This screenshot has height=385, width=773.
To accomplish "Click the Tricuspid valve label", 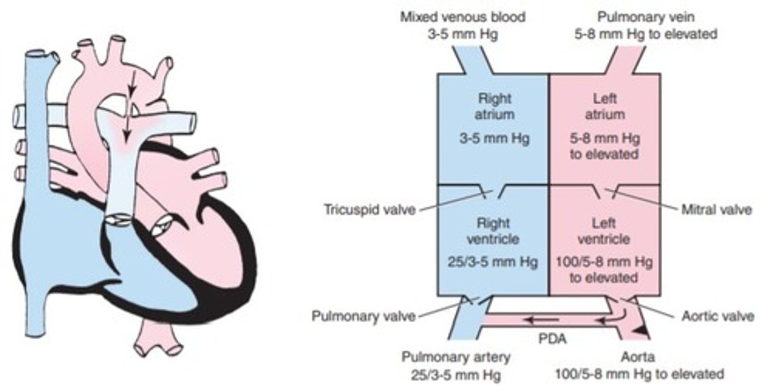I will tap(370, 209).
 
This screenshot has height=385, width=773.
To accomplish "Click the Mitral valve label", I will tap(716, 209).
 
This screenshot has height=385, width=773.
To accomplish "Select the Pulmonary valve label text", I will tap(363, 316).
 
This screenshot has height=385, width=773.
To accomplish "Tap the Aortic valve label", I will tap(717, 316).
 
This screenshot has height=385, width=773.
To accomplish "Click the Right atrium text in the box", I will tap(494, 106).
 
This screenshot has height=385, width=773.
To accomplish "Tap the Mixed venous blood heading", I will tap(462, 17).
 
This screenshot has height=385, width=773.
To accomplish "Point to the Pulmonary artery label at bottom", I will tap(456, 357).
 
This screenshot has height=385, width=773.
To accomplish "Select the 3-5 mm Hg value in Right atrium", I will tap(494, 138).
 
